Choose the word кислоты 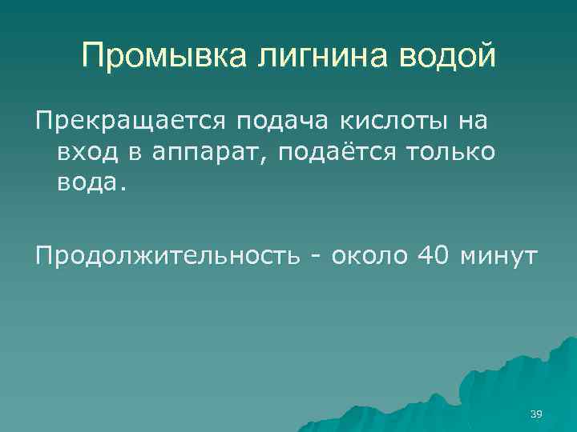tap(393, 122)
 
